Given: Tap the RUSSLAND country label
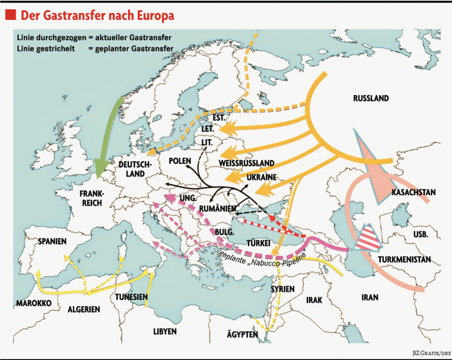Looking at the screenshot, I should tap(371, 98).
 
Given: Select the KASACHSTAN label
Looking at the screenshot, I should tap(414, 192).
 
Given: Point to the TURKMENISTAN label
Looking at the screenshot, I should tap(405, 260).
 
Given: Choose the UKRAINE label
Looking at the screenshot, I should tap(261, 177).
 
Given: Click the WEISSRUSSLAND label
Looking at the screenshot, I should tap(247, 163).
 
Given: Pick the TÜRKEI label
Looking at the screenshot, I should tap(258, 242).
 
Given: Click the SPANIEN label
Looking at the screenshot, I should tap(52, 241).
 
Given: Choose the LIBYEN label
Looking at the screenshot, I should tap(165, 331).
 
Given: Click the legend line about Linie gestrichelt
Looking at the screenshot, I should tap(95, 48).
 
